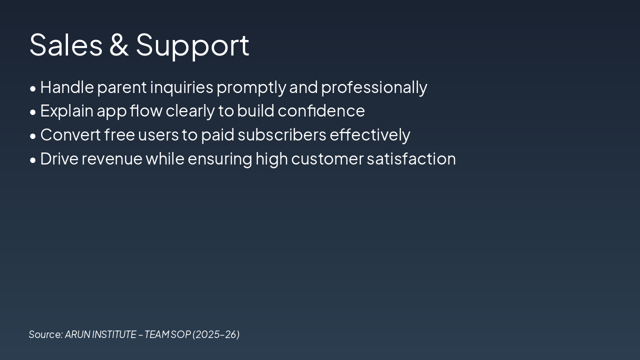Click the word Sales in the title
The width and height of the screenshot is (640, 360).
(65, 44)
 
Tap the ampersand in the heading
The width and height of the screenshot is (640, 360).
(119, 44)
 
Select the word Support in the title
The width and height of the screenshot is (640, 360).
(192, 45)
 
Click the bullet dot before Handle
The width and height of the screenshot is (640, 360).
(33, 88)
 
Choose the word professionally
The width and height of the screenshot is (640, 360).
(374, 87)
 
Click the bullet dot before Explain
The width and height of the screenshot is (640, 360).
(33, 112)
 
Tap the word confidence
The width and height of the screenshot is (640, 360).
(321, 111)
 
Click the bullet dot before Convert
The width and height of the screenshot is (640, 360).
(33, 136)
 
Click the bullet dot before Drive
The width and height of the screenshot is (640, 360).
(33, 160)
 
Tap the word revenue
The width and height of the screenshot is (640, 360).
(112, 159)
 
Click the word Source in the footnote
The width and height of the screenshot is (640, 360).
(45, 334)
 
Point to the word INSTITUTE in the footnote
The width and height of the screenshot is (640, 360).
(114, 334)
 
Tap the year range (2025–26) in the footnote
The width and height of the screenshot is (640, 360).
(216, 334)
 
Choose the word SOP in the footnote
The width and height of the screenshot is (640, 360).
(180, 334)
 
